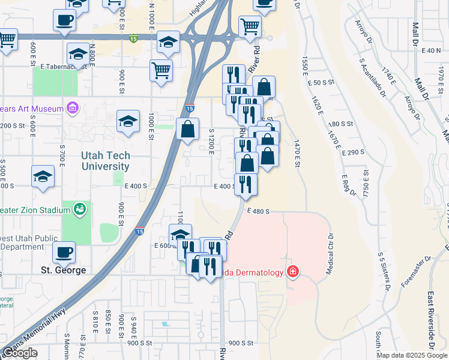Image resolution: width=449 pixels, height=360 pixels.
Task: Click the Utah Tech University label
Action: click(105, 161)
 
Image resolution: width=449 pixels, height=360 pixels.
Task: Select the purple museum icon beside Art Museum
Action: click(73, 109)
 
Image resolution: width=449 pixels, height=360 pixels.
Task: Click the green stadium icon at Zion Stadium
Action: click(79, 209)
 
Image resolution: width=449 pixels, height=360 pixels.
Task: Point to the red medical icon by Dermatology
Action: click(292, 272)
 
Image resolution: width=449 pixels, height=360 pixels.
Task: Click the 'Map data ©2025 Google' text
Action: click(411, 355)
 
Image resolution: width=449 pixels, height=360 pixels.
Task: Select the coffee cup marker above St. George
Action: click(64, 252)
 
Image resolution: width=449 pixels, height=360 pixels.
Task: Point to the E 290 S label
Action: click(354, 152)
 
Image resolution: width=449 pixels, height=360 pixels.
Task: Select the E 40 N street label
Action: click(431, 50)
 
